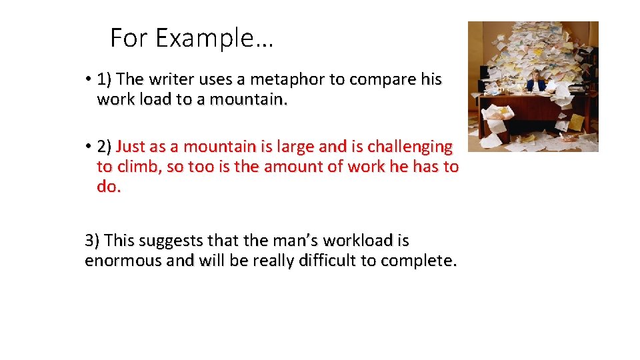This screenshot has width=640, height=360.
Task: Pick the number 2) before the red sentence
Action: pos(105,146)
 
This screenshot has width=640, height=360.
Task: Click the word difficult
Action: pos(325,261)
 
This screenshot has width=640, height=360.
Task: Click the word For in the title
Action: pos(125,39)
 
